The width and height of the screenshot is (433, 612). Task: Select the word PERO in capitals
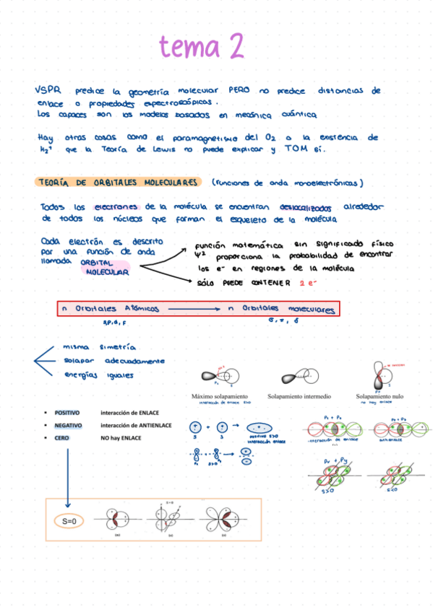(239, 91)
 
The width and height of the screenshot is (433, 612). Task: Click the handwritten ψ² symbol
(200, 255)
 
